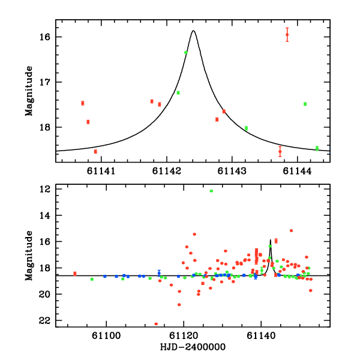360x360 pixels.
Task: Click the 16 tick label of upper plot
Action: [46, 37]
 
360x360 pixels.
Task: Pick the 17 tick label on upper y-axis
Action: [46, 82]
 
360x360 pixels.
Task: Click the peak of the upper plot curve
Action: [193, 31]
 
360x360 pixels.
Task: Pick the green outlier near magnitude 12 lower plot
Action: [211, 191]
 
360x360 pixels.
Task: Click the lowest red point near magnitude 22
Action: [156, 324]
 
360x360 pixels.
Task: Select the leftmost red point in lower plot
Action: [75, 274]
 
